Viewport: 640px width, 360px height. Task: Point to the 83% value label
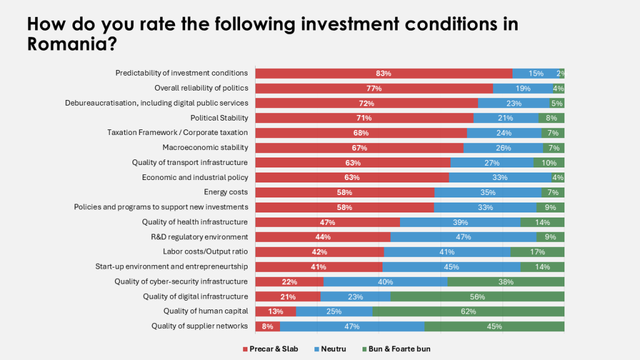coord(383,74)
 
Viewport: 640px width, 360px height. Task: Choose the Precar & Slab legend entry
coord(274,349)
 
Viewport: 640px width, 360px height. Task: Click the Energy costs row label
coord(226,192)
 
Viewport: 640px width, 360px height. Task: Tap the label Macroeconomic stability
coord(205,147)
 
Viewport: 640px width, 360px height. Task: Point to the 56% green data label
coord(477,297)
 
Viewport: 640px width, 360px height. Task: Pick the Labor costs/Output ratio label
coord(205,252)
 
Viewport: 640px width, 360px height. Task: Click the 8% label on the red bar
coord(268,326)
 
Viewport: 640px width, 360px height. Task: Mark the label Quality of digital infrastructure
coord(195,296)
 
